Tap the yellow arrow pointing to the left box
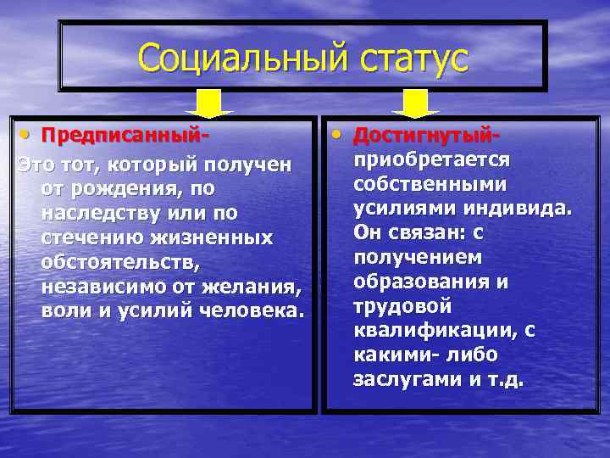tap(208, 103)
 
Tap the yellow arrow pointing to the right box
tap(415, 103)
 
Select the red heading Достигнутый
tap(427, 136)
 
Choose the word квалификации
tap(434, 331)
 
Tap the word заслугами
tap(408, 379)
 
